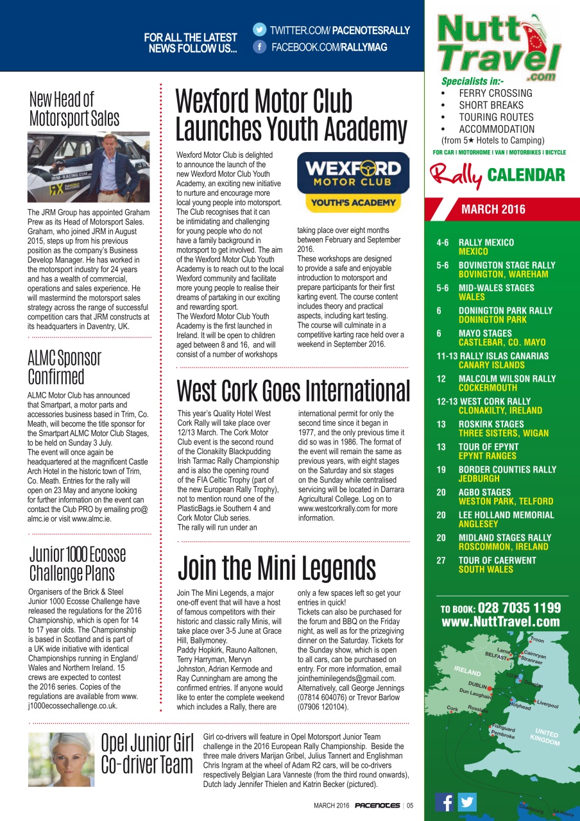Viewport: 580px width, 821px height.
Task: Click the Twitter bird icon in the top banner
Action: point(259,30)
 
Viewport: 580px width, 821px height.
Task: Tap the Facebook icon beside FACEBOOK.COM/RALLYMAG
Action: point(259,47)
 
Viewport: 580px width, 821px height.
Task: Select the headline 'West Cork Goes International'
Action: point(293,391)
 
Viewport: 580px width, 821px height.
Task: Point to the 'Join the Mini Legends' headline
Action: point(277,568)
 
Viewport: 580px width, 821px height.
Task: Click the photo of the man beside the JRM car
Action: point(89,167)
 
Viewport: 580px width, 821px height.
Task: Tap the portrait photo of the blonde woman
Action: point(61,759)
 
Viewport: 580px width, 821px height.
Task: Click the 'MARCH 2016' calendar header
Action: point(493,210)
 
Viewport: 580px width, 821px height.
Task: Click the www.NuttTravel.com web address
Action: point(500,622)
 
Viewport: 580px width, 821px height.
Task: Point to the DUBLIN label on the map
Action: point(478,684)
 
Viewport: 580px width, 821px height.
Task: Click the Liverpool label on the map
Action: point(547,704)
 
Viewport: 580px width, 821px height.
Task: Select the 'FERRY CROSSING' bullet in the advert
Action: point(495,93)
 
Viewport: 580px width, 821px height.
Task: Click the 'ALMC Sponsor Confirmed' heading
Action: point(64,367)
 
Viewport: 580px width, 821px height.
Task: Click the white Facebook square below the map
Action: point(445,802)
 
